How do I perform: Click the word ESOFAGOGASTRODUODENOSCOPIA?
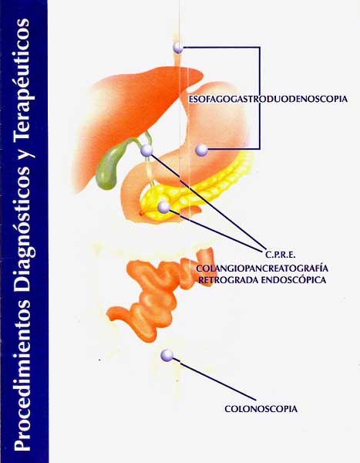click(x=268, y=99)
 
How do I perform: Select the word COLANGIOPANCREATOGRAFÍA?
click(x=262, y=269)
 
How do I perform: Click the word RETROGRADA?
click(x=228, y=280)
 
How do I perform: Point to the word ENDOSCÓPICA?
click(x=294, y=280)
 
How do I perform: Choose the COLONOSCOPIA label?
click(x=261, y=409)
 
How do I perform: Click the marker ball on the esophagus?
click(x=178, y=48)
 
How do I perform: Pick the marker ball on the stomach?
click(x=202, y=150)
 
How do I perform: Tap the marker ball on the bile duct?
click(x=146, y=150)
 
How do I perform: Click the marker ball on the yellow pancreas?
click(x=164, y=207)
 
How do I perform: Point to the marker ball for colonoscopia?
click(x=167, y=355)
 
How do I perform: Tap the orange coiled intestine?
click(x=160, y=296)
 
